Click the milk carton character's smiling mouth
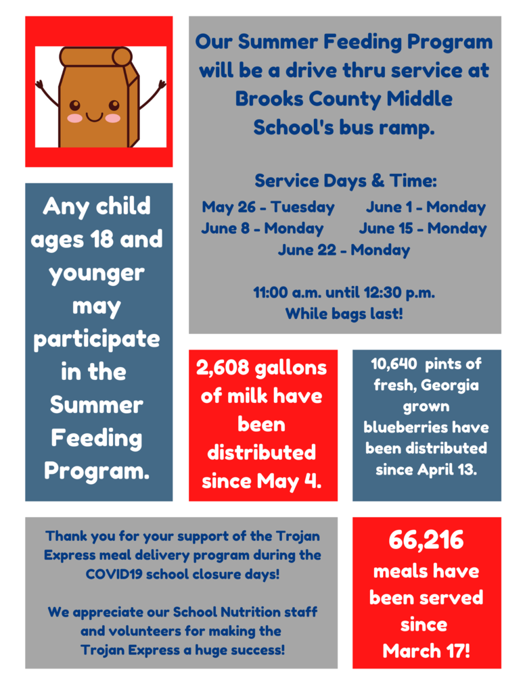click(94, 117)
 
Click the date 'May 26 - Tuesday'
click(268, 207)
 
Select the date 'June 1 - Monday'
click(426, 207)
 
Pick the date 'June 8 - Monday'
click(263, 228)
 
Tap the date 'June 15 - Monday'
click(422, 228)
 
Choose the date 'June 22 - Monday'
click(344, 250)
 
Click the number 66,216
click(426, 540)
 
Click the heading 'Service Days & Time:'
click(346, 181)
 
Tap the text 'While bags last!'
click(344, 314)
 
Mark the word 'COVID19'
click(112, 574)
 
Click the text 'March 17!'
click(426, 651)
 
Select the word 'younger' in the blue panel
click(97, 273)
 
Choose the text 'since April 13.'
click(426, 470)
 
